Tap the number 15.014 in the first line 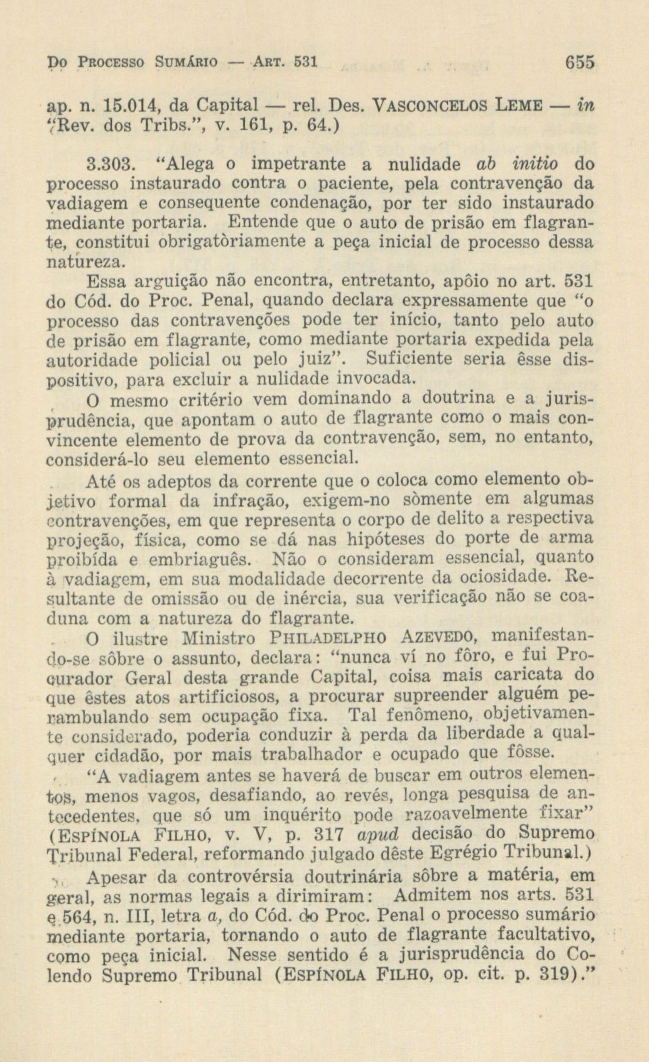click(132, 105)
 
